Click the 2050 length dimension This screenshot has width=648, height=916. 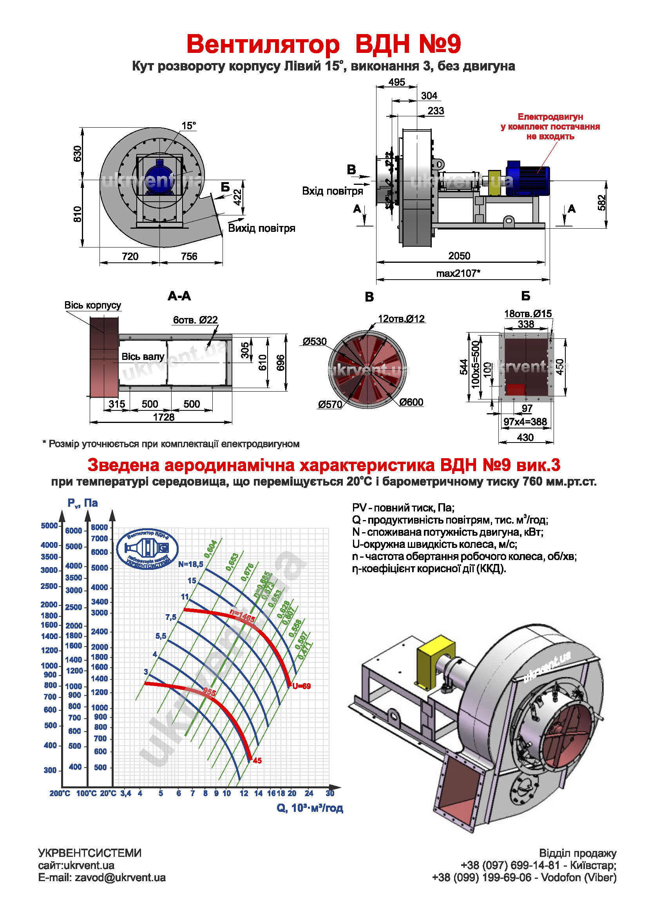459,256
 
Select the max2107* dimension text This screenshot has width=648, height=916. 458,273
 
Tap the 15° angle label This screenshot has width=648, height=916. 189,126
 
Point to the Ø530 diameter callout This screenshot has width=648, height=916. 315,341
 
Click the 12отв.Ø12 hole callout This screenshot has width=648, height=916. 401,319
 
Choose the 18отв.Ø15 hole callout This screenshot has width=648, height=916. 527,314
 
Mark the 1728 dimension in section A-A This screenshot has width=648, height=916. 164,417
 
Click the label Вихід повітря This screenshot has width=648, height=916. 261,228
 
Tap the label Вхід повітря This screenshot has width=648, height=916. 332,191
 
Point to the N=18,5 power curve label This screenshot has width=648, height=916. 191,564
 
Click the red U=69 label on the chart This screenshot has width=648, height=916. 301,686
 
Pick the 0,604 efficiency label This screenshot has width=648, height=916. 210,549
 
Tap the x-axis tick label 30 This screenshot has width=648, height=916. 330,793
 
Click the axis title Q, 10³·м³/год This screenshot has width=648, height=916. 310,808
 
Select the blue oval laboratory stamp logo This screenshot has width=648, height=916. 147,549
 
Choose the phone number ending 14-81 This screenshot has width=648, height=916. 510,865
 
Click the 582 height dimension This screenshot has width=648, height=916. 602,203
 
